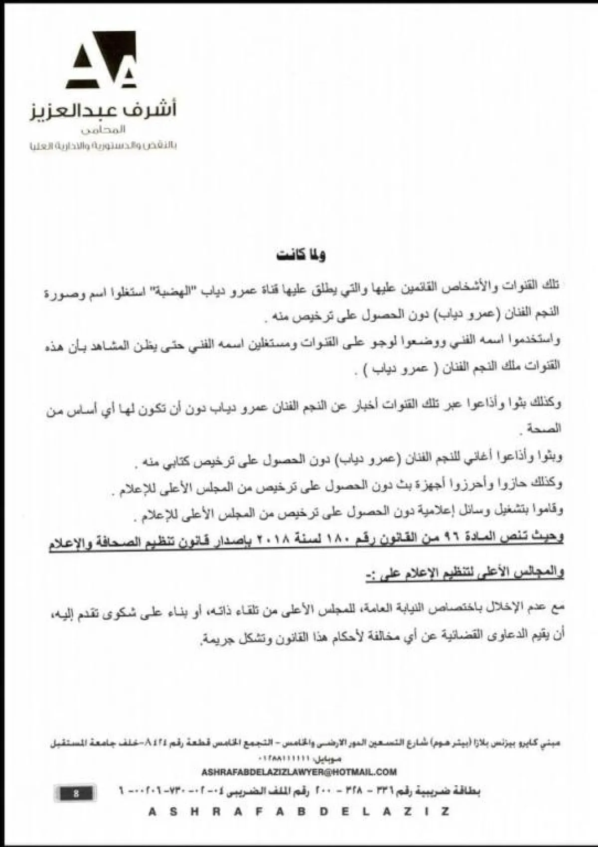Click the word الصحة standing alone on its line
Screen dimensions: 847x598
click(x=546, y=428)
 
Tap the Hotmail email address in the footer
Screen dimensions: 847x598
click(x=299, y=771)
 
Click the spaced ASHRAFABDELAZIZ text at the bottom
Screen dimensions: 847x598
click(x=299, y=812)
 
